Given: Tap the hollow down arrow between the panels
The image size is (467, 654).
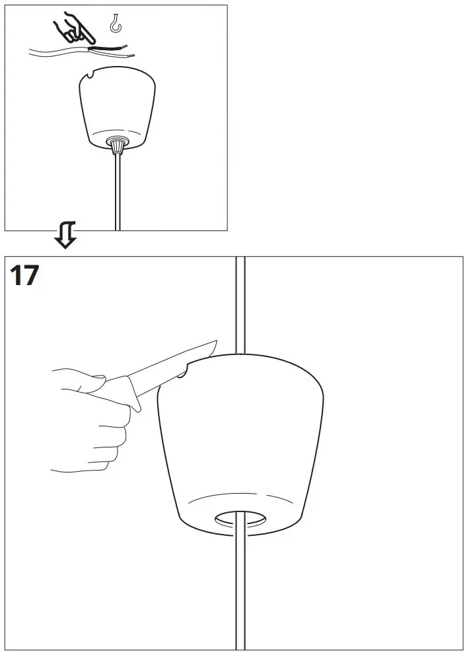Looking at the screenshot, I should point(66,235).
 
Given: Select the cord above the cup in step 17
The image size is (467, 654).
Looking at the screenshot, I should point(240,304).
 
